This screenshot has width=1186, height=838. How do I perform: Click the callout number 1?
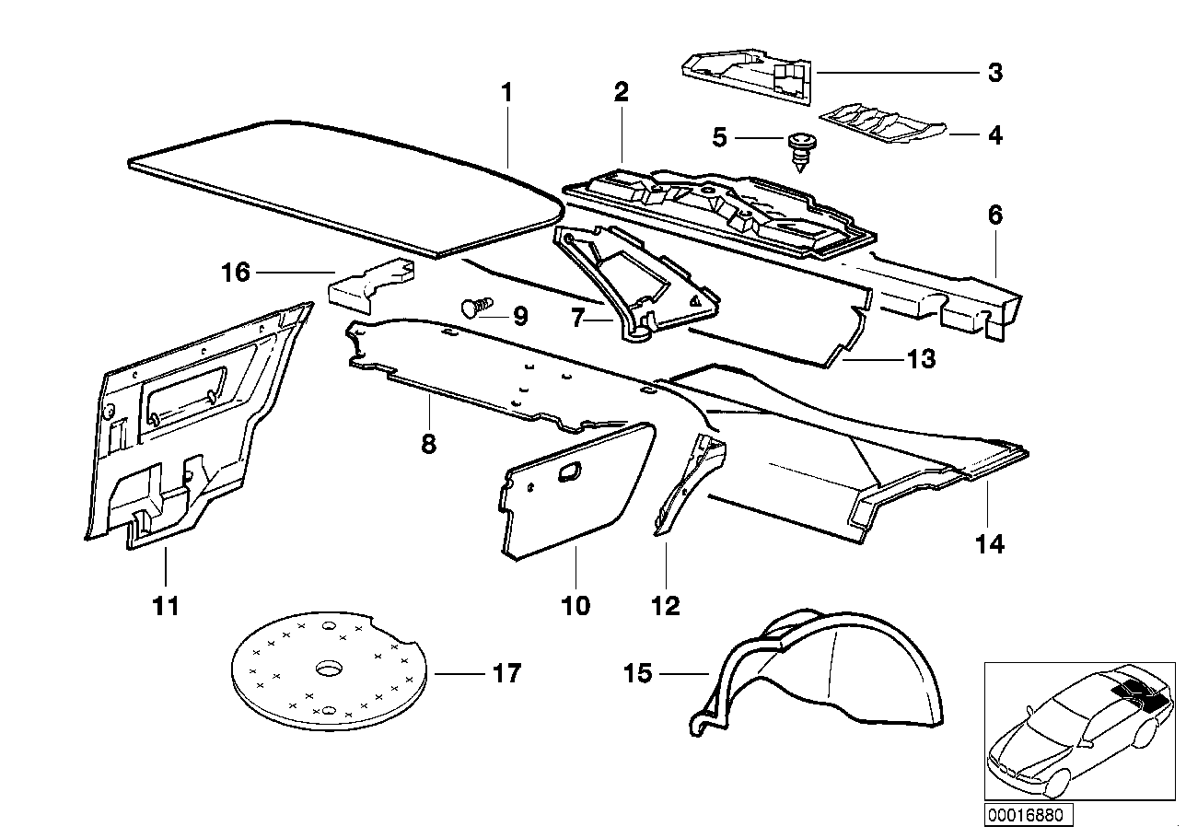[x=506, y=94]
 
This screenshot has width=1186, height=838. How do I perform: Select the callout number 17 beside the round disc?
[x=506, y=673]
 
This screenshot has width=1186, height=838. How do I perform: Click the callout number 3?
[x=994, y=72]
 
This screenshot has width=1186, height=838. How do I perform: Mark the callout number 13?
[x=921, y=358]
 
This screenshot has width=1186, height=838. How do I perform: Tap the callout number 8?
[x=428, y=445]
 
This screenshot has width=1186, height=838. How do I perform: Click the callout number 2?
[x=622, y=92]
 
